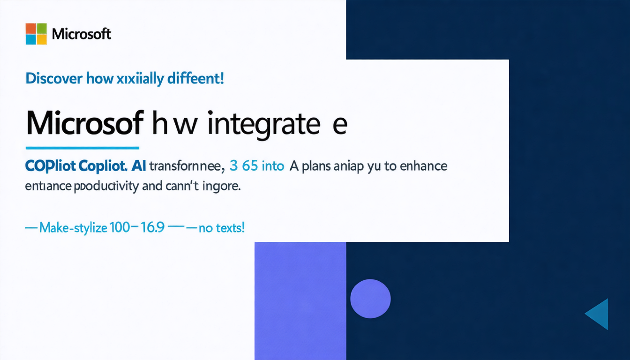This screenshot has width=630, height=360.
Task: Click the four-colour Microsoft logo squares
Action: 36,34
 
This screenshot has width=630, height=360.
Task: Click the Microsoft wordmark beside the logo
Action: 81,34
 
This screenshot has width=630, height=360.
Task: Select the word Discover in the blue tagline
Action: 54,78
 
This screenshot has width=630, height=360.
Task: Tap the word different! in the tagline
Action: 194,78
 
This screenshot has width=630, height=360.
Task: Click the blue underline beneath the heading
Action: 82,148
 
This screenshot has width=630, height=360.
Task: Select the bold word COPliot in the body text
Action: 50,166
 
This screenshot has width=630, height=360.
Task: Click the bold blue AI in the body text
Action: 138,166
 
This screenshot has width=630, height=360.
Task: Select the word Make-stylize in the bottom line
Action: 73,228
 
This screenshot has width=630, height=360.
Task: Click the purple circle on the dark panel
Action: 370,299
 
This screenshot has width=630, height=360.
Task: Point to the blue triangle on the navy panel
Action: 599,314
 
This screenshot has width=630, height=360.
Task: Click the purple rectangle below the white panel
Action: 300,300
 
